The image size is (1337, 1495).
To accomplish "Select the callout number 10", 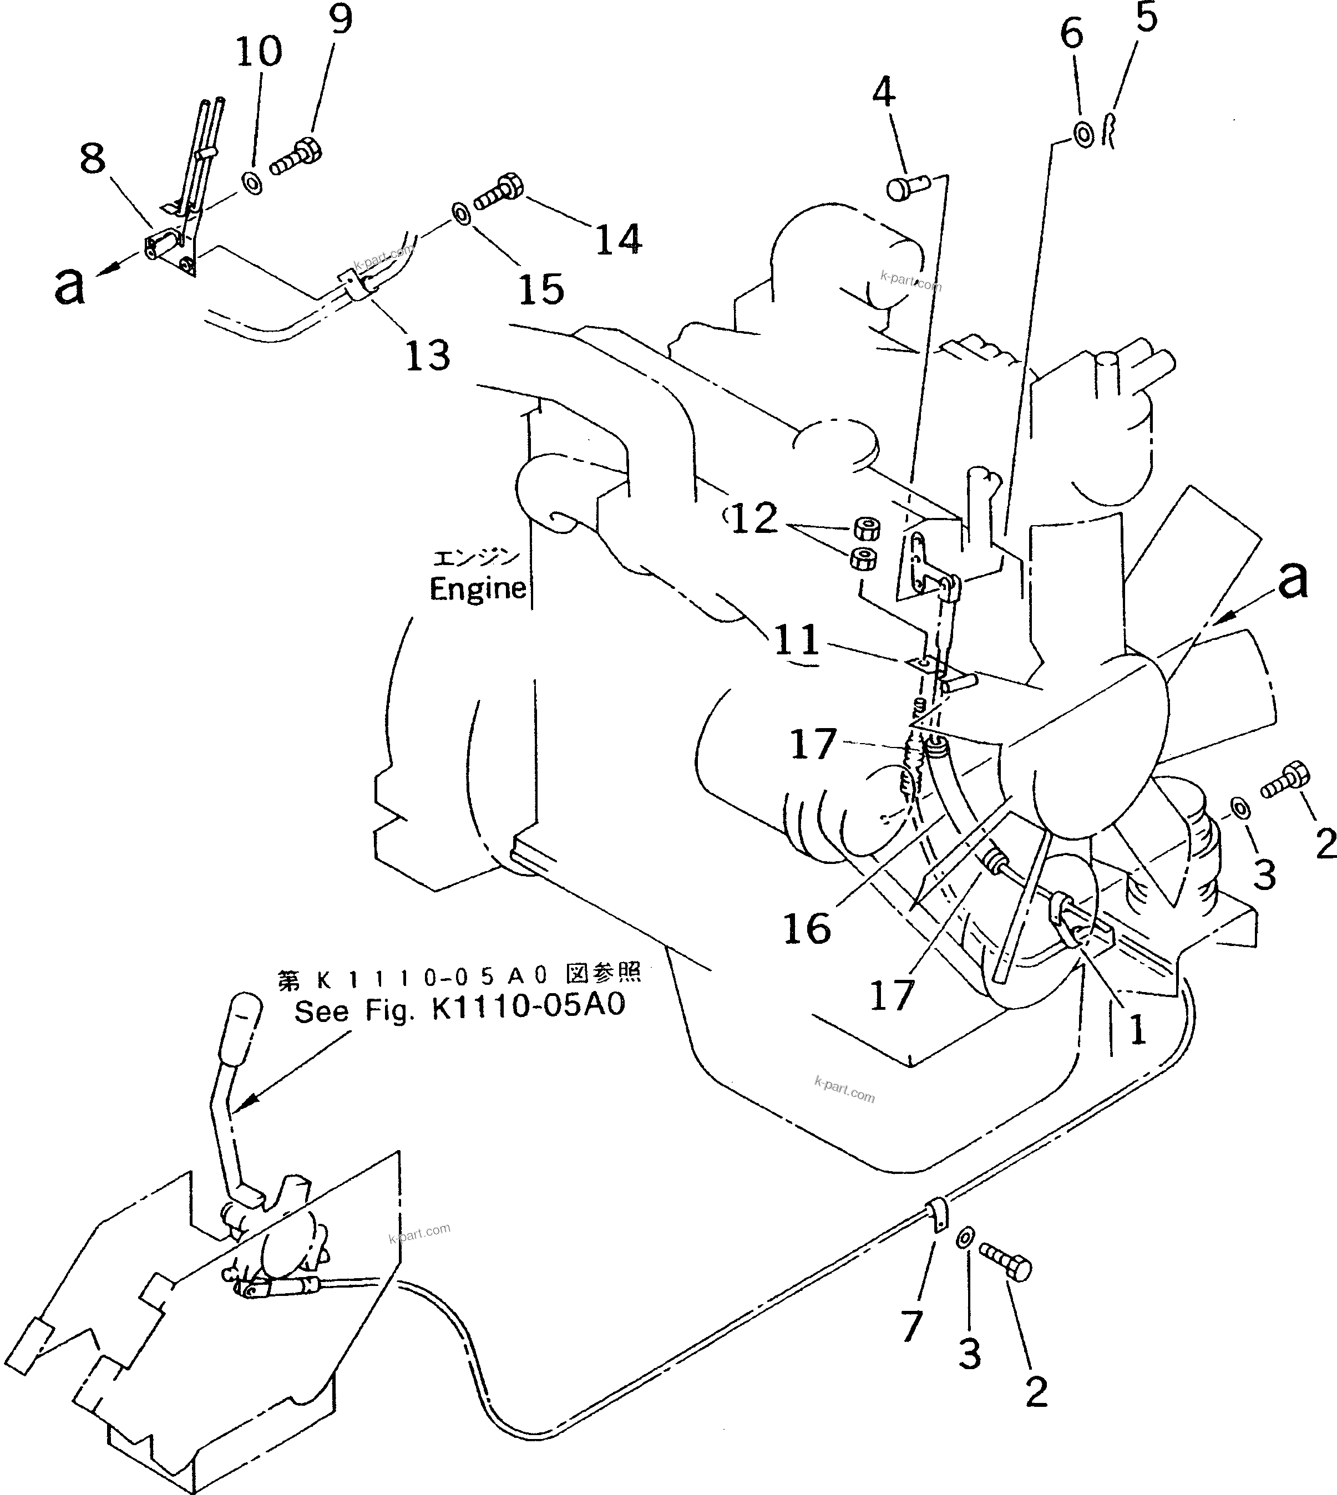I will [259, 52].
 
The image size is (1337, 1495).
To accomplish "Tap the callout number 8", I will [93, 159].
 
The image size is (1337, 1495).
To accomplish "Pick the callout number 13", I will [428, 355].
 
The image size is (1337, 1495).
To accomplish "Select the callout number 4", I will [884, 93].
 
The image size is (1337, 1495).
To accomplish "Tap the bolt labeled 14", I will [499, 192].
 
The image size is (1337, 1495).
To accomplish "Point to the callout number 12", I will [754, 519].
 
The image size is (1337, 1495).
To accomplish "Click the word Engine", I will [478, 588].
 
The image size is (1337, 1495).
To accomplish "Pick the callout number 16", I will [807, 928].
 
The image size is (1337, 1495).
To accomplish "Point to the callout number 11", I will [796, 639].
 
